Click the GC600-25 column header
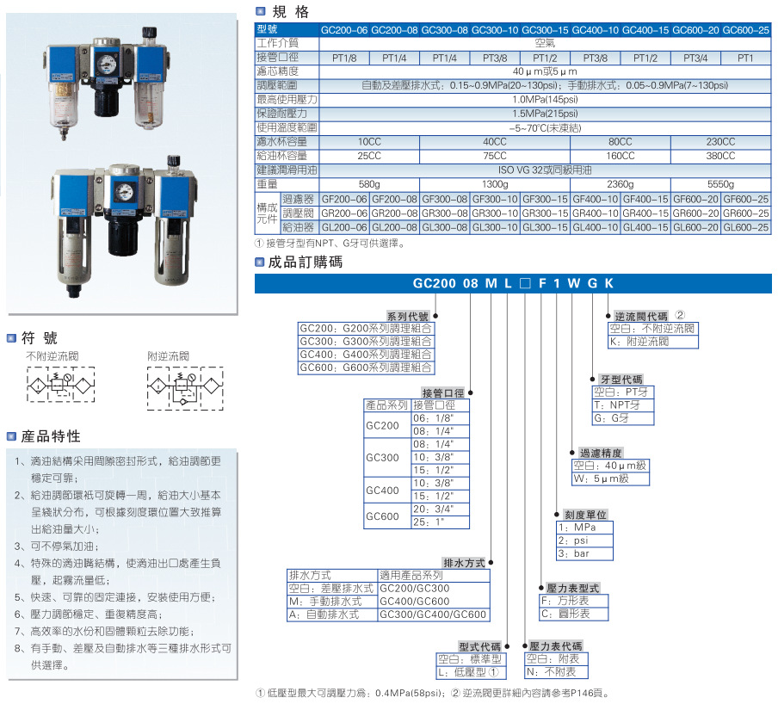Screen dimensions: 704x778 point(745,30)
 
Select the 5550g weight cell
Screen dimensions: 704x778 point(720,184)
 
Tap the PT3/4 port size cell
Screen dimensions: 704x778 point(695,59)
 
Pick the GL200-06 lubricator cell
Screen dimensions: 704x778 point(343,227)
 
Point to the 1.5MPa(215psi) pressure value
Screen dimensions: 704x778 point(545,114)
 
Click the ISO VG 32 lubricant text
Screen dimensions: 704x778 point(545,170)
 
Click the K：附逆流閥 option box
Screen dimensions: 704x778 point(639,342)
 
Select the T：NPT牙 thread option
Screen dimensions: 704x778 point(617,404)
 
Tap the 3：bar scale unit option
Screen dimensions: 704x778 point(574,553)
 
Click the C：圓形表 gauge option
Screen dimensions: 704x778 point(565,614)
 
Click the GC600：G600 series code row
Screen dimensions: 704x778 point(366,367)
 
